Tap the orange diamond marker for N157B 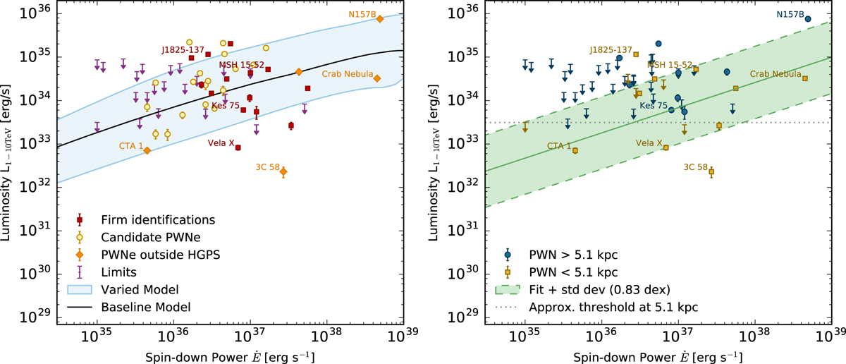tap(379, 19)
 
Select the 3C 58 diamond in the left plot tap(283, 171)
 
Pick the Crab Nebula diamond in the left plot tap(377, 78)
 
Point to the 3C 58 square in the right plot tap(711, 171)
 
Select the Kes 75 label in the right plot tap(653, 105)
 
